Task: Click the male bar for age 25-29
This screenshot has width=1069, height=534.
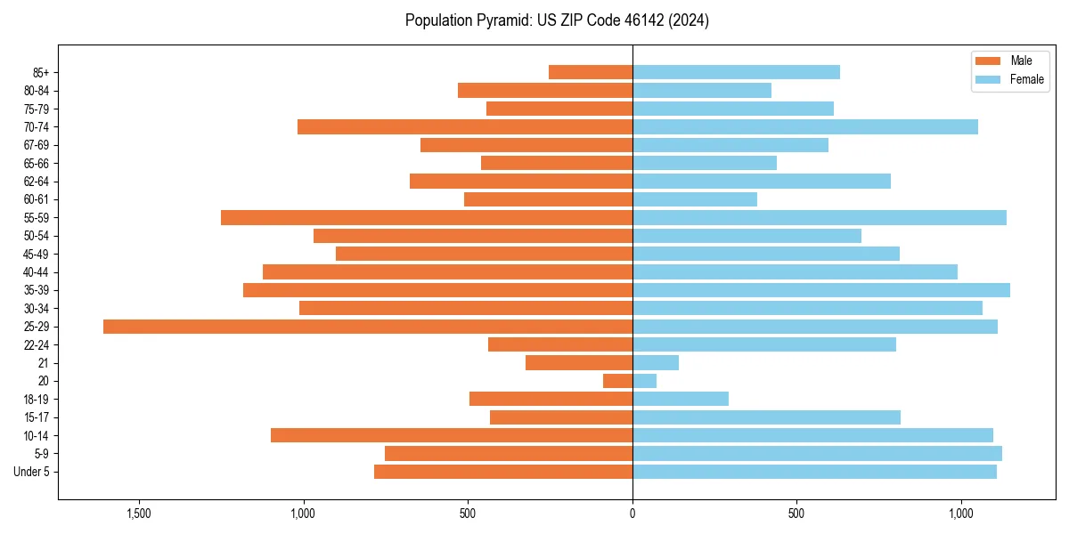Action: (x=368, y=327)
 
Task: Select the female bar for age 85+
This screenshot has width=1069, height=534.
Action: (x=736, y=72)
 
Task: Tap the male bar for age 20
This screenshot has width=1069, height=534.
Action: (x=617, y=381)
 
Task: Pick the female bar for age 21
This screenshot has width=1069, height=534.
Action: (x=656, y=363)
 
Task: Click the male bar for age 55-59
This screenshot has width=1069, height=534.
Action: (x=427, y=218)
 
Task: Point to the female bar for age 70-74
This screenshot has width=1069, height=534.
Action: (x=805, y=127)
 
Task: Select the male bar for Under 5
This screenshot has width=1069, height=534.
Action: (x=503, y=472)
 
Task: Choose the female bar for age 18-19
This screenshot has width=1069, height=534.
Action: (x=681, y=399)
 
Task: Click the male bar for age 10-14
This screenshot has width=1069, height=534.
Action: (x=452, y=435)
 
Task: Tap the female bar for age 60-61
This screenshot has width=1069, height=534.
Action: (x=695, y=199)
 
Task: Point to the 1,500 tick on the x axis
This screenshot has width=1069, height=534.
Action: (x=139, y=514)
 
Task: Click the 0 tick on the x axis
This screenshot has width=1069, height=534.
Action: (x=632, y=514)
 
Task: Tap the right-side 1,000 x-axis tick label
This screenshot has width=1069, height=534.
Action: (x=961, y=514)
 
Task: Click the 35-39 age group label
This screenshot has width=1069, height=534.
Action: (x=37, y=290)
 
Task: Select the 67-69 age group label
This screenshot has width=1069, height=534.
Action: (x=37, y=145)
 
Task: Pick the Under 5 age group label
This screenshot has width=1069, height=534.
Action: (x=32, y=472)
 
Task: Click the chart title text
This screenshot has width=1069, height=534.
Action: (x=557, y=20)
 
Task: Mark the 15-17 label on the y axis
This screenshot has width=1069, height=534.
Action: (x=37, y=417)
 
